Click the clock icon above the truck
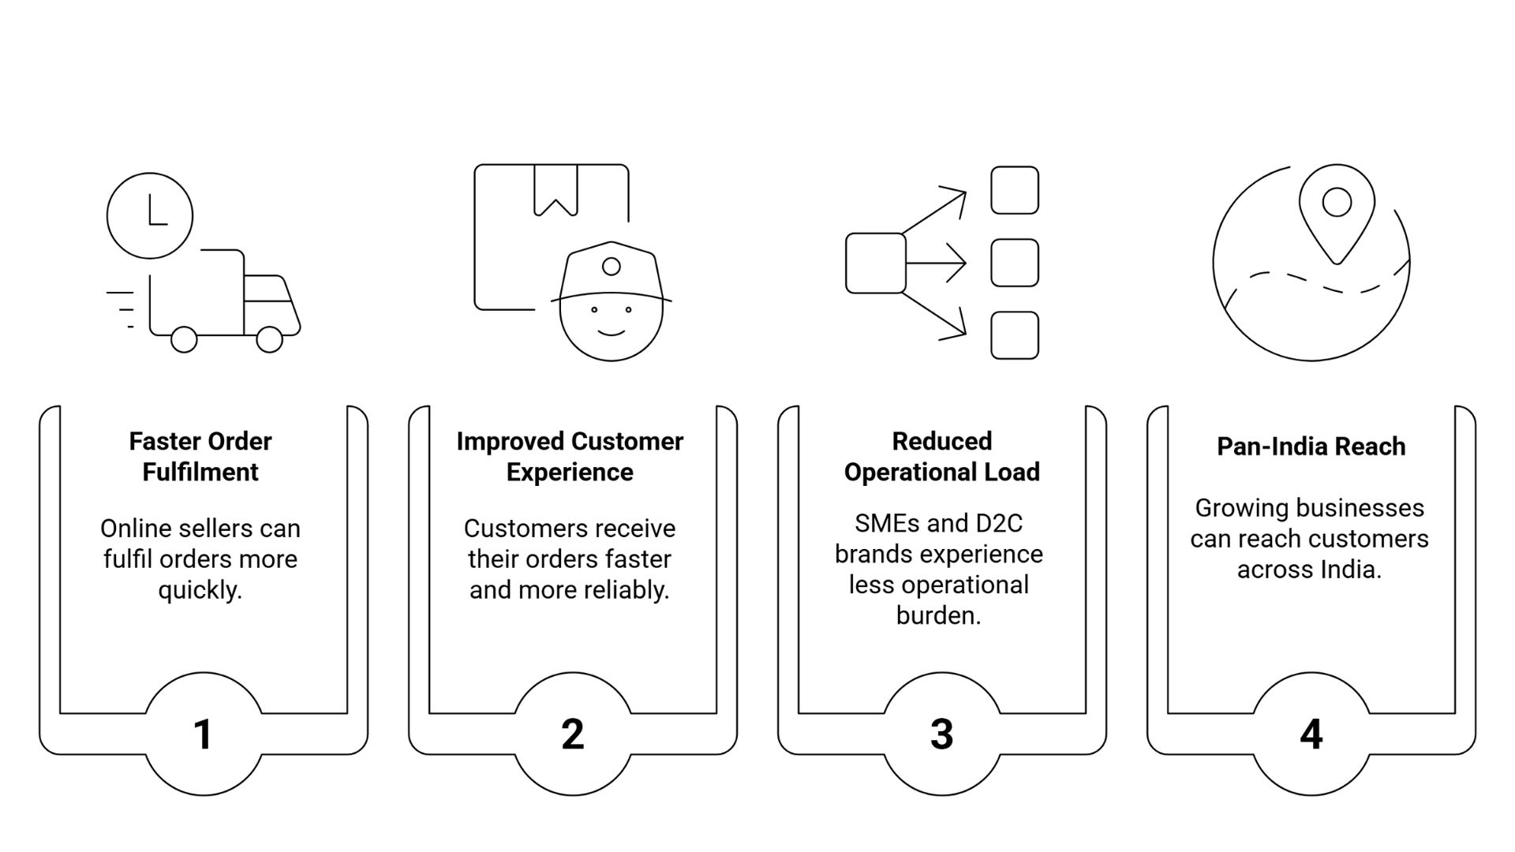(x=150, y=215)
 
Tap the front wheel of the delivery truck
(x=270, y=339)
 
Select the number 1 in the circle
(x=203, y=734)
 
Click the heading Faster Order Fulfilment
(x=200, y=456)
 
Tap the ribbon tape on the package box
(x=555, y=189)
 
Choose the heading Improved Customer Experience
(x=570, y=456)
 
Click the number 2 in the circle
(x=572, y=734)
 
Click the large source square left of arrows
(x=875, y=263)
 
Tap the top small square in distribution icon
(x=1014, y=190)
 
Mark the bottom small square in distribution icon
(x=1014, y=335)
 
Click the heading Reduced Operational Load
(x=941, y=456)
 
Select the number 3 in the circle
(x=941, y=734)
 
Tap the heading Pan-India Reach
(x=1311, y=447)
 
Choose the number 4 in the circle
(x=1311, y=734)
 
